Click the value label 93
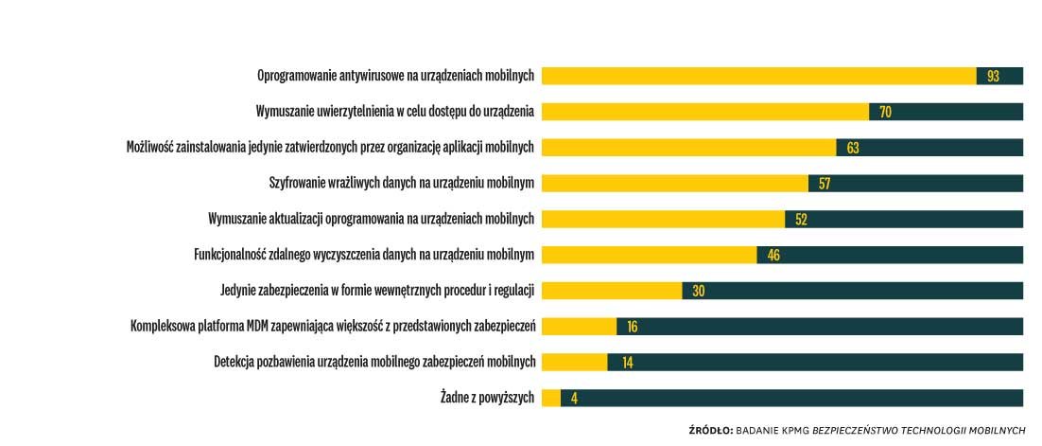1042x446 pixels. (x=993, y=76)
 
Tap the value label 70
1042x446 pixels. (x=885, y=112)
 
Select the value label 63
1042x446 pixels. (x=853, y=148)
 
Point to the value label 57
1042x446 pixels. (x=825, y=184)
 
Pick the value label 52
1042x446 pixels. (x=801, y=220)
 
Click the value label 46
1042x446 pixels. (x=773, y=255)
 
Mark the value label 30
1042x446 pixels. (x=699, y=291)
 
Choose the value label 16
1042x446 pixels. (x=633, y=327)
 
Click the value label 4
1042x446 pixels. (x=574, y=398)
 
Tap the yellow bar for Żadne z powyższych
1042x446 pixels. (x=551, y=398)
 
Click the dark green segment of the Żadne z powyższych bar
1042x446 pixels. (x=794, y=398)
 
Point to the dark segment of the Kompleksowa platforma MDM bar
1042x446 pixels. (x=823, y=327)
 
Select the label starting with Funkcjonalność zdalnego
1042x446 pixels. (x=364, y=255)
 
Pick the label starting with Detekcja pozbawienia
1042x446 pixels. (x=374, y=362)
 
